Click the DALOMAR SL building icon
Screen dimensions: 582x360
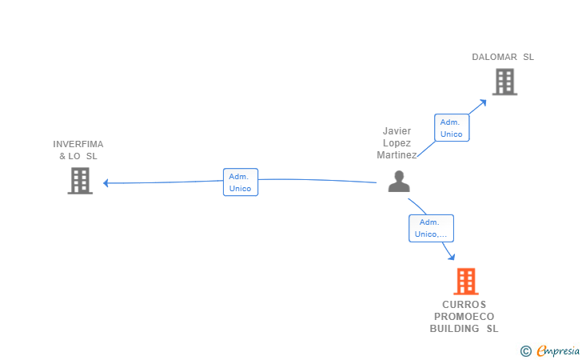(504, 82)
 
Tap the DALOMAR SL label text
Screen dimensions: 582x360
(502, 57)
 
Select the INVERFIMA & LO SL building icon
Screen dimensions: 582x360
(80, 181)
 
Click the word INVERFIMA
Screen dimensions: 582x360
(78, 144)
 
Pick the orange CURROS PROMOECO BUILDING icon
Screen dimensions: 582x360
(466, 282)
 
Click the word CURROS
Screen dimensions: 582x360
(464, 305)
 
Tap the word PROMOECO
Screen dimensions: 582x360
(464, 316)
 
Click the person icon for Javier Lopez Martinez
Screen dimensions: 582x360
(398, 182)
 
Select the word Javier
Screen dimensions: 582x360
(397, 130)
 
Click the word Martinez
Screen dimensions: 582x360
(397, 155)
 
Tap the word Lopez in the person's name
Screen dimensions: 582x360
(397, 143)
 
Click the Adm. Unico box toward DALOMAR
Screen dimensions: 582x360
(452, 128)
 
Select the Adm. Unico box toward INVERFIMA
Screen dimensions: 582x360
(240, 182)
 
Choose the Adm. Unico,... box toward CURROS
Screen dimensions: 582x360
(431, 228)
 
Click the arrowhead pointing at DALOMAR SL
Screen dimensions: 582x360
(483, 102)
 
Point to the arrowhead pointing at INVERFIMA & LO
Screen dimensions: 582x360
(106, 182)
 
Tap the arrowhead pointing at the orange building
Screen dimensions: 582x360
(452, 256)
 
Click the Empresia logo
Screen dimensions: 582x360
(557, 350)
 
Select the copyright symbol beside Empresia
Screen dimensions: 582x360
(525, 350)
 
